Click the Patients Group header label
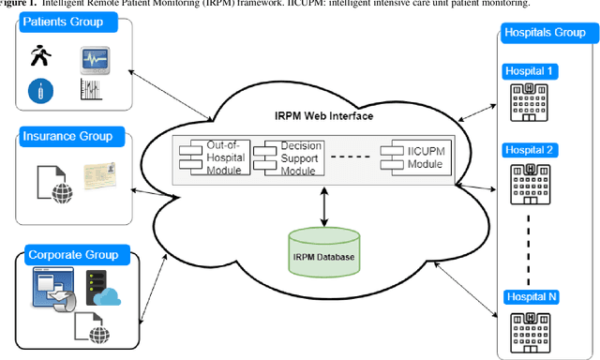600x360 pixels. coord(64,22)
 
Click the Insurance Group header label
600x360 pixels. coord(68,137)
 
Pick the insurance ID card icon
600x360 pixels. coord(103,177)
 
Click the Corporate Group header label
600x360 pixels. coord(72,254)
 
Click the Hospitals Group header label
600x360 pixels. coord(546,32)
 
